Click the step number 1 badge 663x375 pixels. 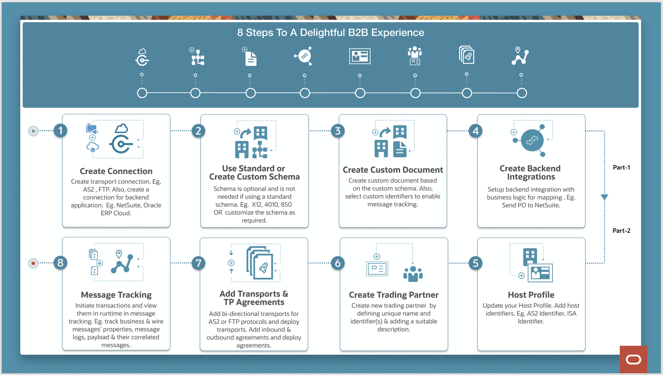(x=60, y=131)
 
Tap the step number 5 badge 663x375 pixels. (x=475, y=263)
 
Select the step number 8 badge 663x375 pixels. (x=60, y=263)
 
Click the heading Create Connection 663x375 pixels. (x=116, y=171)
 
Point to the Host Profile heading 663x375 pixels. (x=531, y=295)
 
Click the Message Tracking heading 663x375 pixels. (x=116, y=295)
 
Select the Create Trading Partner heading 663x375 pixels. (x=393, y=295)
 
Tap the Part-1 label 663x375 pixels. (x=621, y=168)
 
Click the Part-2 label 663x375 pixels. (x=621, y=231)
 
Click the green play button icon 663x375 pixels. (x=33, y=131)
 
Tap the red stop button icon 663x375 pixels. (x=33, y=263)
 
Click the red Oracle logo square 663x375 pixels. (x=633, y=359)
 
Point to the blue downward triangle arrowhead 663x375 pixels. (x=604, y=197)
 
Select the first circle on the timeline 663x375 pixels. (x=142, y=93)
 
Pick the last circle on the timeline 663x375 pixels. (x=522, y=93)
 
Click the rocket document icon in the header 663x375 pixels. (x=467, y=55)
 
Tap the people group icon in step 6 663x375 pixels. (x=413, y=274)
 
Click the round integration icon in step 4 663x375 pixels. (x=532, y=140)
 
